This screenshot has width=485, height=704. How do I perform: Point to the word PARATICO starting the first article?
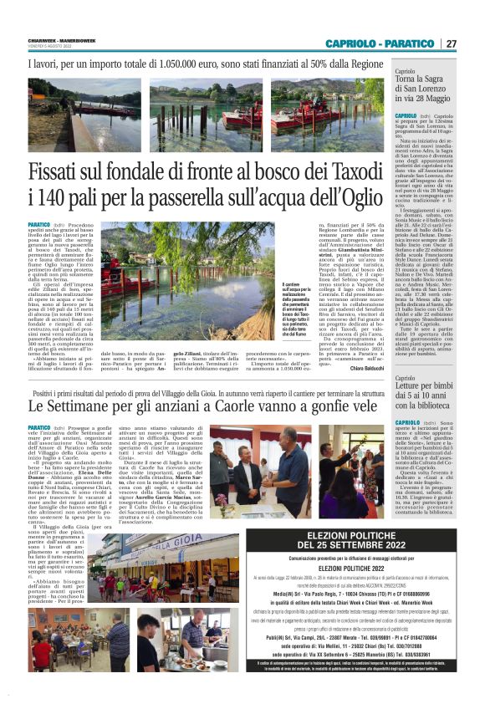point(40,225)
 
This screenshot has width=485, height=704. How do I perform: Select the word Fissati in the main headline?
point(64,172)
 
